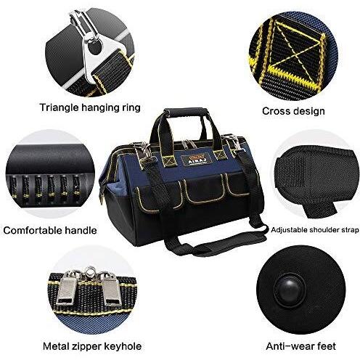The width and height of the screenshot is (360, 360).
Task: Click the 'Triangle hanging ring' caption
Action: tap(90, 107)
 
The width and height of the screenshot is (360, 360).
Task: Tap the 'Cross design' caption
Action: tap(293, 111)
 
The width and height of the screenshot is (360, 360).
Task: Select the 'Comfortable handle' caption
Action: tap(50, 230)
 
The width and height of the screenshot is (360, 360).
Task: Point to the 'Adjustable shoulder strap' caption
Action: tap(315, 229)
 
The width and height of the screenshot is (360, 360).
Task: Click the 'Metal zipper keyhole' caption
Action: tap(92, 346)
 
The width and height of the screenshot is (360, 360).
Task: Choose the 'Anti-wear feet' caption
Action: tap(300, 346)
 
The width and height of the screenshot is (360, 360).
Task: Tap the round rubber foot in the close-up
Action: tap(290, 290)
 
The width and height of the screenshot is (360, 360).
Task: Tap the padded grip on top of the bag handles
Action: tap(186, 112)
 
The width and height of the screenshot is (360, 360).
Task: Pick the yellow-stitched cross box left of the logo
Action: tap(170, 161)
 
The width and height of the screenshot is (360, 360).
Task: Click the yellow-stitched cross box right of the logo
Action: tap(219, 155)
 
